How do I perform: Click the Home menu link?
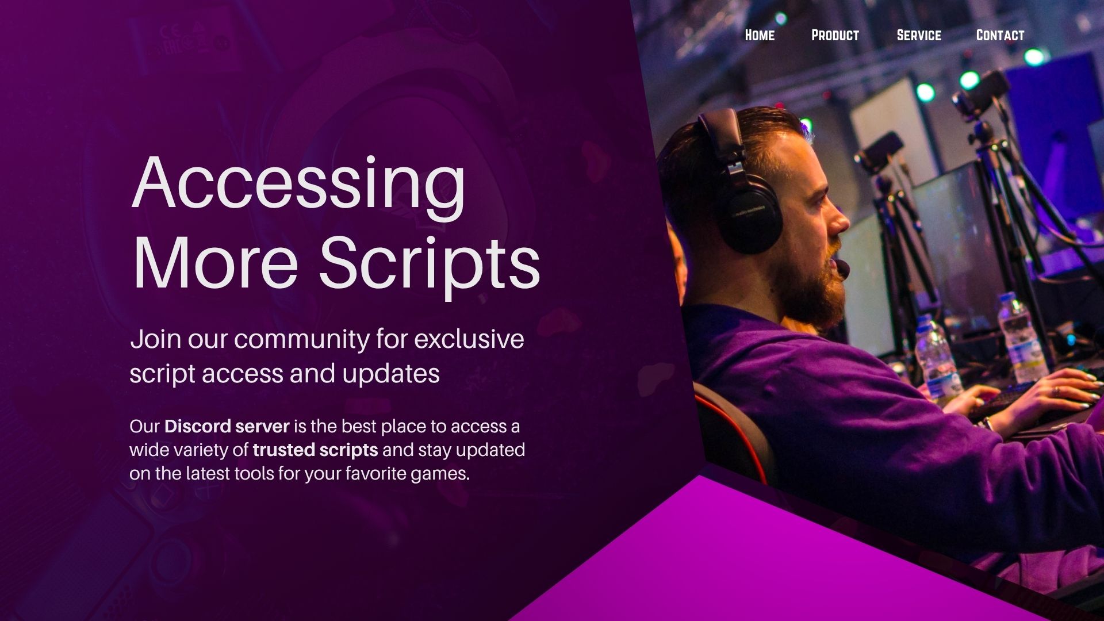pyautogui.click(x=760, y=35)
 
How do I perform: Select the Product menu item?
pyautogui.click(x=835, y=35)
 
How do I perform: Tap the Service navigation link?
pyautogui.click(x=919, y=35)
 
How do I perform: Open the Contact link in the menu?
pyautogui.click(x=1000, y=35)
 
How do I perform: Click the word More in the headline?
pyautogui.click(x=215, y=262)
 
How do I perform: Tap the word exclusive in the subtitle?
pyautogui.click(x=469, y=339)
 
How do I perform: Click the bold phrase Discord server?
pyautogui.click(x=227, y=427)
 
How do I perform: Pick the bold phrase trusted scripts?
pyautogui.click(x=315, y=450)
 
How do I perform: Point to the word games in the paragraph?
pyautogui.click(x=440, y=474)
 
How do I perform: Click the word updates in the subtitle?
pyautogui.click(x=391, y=374)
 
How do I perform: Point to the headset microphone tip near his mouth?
pyautogui.click(x=843, y=269)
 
